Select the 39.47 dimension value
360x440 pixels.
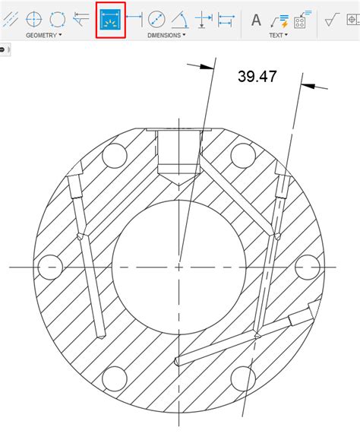coord(257,76)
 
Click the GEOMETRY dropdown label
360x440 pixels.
coord(43,36)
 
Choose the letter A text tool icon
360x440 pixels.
coord(256,20)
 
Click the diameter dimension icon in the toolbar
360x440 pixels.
coord(156,20)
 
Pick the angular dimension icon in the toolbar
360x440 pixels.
coord(179,20)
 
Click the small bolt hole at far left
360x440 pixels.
coord(49,267)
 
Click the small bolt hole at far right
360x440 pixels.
coord(307,267)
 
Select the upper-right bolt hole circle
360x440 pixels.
coord(242,156)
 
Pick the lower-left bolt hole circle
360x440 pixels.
coord(114,378)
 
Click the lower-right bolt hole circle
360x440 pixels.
coord(242,378)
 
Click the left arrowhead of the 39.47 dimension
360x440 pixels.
coord(207,67)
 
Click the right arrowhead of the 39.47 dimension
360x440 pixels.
coord(305,86)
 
